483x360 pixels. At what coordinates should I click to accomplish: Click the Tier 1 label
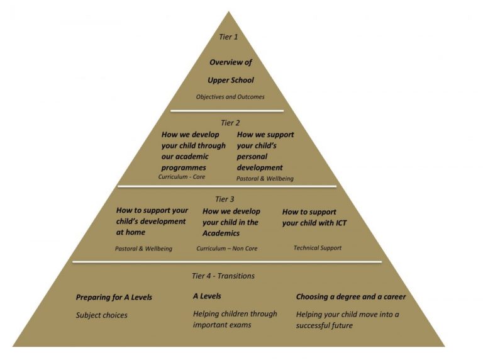click(228, 37)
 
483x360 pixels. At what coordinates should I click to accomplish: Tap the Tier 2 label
click(230, 123)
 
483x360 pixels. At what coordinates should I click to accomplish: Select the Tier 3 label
click(225, 199)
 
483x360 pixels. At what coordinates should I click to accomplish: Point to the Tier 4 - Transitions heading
click(223, 276)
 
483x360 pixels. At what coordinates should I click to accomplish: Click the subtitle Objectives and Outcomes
click(230, 97)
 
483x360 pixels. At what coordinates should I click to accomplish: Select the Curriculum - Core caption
click(181, 177)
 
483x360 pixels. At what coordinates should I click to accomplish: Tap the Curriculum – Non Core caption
click(226, 248)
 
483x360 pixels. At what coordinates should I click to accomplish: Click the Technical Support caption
click(317, 248)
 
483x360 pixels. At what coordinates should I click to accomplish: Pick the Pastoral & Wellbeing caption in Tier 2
click(265, 179)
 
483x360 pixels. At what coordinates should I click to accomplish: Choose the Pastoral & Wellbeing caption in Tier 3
click(143, 249)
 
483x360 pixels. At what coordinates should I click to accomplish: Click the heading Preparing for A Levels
click(114, 298)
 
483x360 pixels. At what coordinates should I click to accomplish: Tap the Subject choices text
click(102, 315)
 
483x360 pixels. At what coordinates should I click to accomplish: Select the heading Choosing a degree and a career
click(351, 297)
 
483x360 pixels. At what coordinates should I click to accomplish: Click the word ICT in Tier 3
click(340, 223)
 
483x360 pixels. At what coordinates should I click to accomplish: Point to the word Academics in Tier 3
click(221, 233)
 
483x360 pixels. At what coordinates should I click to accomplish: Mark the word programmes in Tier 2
click(184, 168)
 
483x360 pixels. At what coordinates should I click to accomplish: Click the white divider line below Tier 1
click(227, 111)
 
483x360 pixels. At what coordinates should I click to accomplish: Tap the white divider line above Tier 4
click(227, 262)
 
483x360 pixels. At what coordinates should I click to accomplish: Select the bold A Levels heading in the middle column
click(207, 296)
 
